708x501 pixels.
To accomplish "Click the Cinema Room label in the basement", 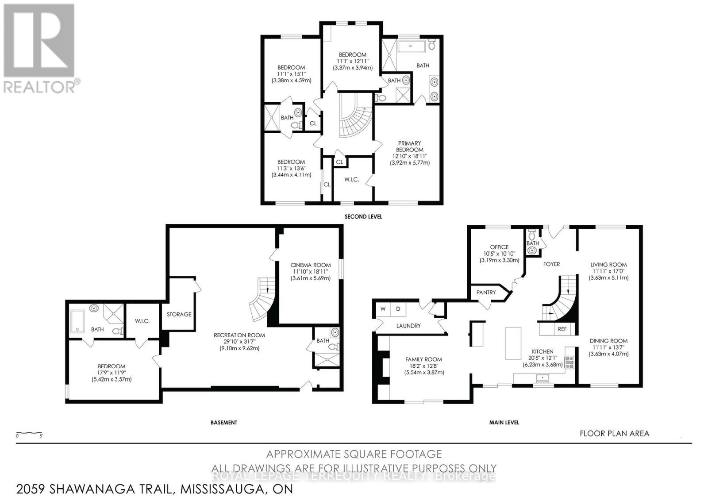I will click(x=311, y=265).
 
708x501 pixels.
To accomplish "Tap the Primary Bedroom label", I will click(x=409, y=146).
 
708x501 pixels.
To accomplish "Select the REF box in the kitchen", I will click(x=562, y=329).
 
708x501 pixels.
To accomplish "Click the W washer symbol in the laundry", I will click(x=383, y=309).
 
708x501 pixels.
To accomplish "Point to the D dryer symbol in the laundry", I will click(x=398, y=309).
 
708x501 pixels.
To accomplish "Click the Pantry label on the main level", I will click(x=485, y=293).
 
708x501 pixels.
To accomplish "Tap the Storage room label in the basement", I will click(x=179, y=314).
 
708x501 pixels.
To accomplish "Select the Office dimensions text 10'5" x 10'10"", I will click(x=499, y=254).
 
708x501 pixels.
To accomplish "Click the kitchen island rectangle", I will click(x=513, y=344).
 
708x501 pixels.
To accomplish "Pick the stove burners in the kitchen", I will click(x=569, y=362).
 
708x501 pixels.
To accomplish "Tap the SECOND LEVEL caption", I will click(x=363, y=216).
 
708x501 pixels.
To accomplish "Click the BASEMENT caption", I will click(x=223, y=422).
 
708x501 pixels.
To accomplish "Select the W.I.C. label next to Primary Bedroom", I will click(x=351, y=179).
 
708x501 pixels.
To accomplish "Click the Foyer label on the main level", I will click(x=551, y=264).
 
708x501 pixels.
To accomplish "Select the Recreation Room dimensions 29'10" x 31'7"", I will click(x=239, y=342).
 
